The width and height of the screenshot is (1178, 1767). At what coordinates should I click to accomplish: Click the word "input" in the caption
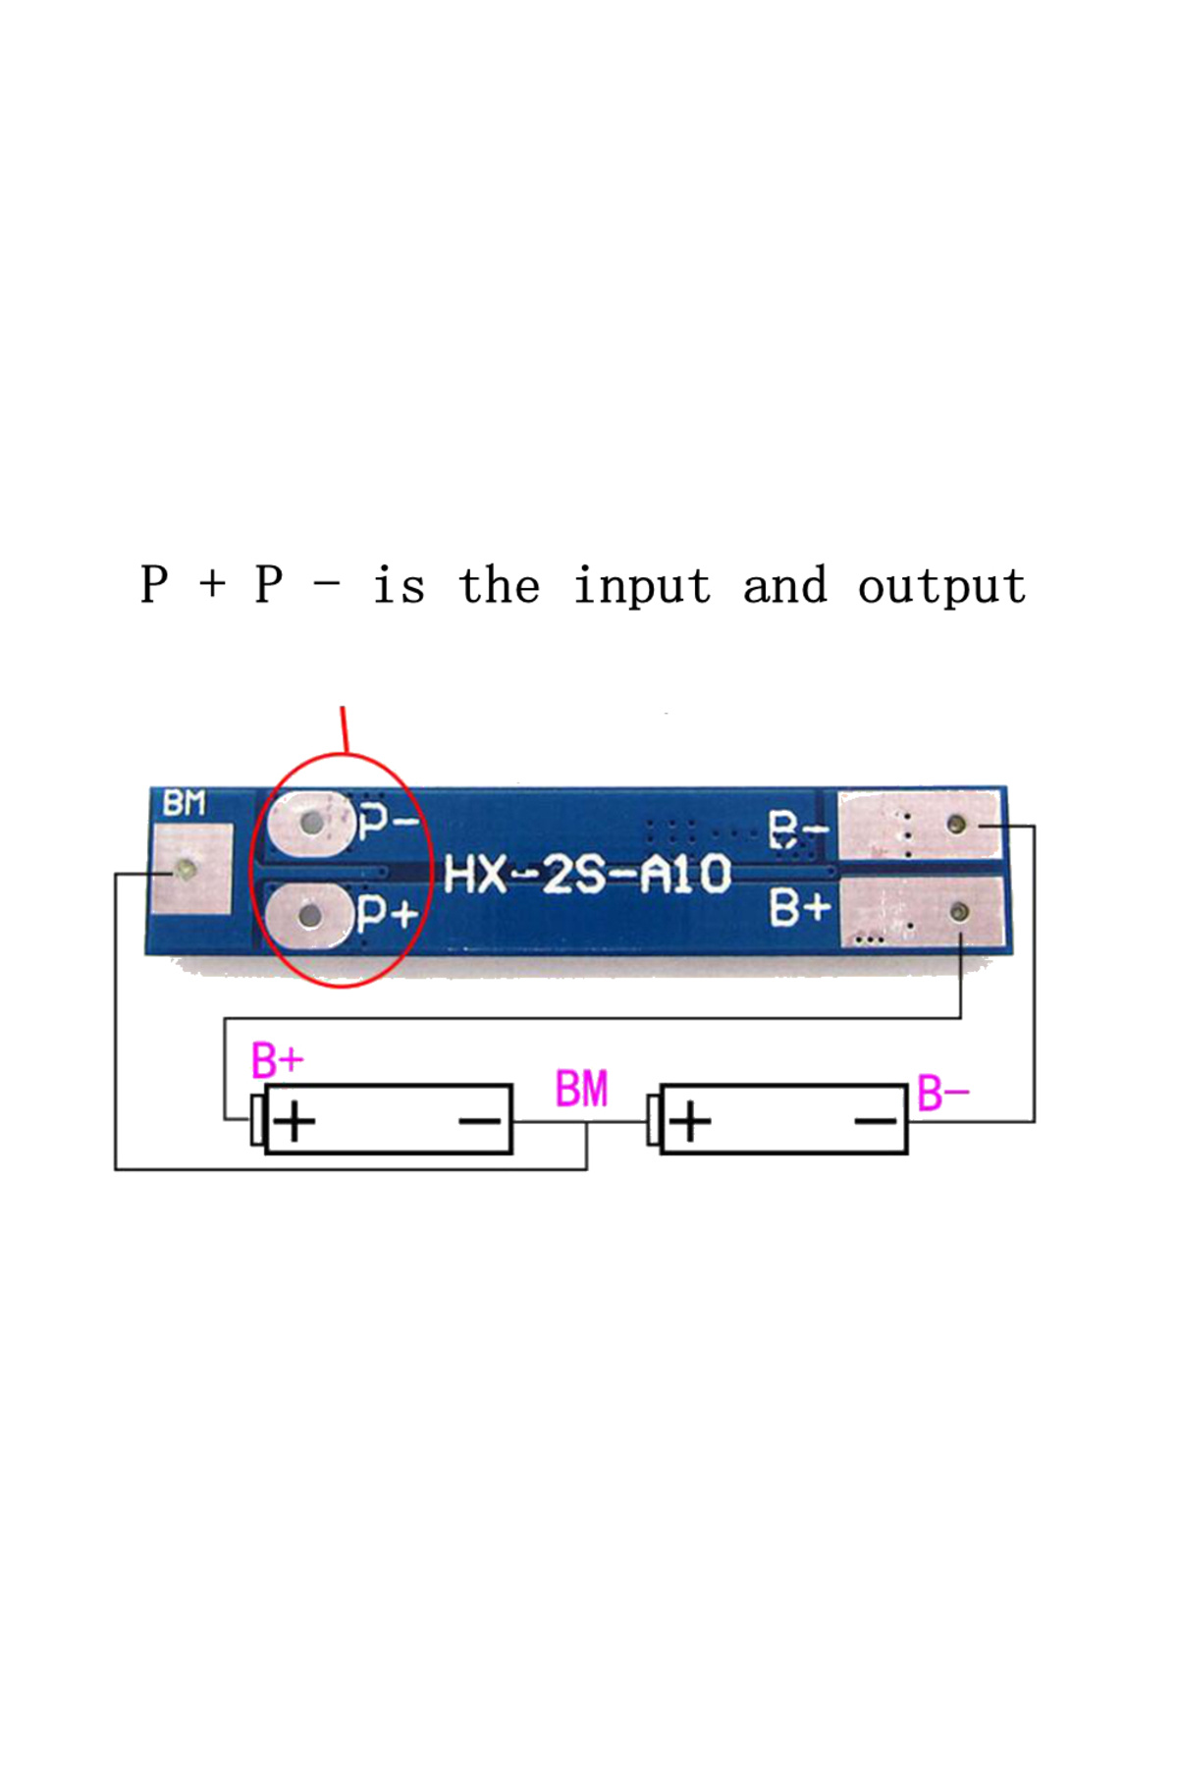(642, 587)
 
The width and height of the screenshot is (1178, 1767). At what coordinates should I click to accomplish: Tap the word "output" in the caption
(942, 587)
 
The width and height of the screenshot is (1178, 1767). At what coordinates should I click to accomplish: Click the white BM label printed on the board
(185, 803)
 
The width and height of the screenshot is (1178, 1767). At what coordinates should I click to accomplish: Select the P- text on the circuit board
(390, 819)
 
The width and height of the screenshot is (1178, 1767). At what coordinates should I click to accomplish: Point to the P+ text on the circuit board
(389, 914)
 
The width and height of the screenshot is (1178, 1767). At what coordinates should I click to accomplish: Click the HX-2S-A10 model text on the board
(588, 874)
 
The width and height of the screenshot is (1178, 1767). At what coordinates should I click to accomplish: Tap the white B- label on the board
(798, 830)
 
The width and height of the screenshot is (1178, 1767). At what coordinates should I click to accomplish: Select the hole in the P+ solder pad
(310, 917)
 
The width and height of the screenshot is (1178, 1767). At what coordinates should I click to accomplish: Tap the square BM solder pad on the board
(192, 869)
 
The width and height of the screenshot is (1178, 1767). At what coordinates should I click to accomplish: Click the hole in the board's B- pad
(957, 824)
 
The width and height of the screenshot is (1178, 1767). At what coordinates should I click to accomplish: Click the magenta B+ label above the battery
(278, 1061)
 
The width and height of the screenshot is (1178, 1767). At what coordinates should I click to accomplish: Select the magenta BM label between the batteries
(582, 1089)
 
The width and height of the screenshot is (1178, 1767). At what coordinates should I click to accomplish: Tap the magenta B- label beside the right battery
(943, 1093)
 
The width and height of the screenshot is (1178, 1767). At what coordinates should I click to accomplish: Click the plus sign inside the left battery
(294, 1121)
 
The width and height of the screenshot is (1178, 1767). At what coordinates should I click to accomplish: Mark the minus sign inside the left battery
(480, 1120)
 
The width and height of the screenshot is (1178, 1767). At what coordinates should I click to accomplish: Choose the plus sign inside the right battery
(691, 1121)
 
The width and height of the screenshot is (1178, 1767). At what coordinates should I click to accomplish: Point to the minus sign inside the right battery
(876, 1121)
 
